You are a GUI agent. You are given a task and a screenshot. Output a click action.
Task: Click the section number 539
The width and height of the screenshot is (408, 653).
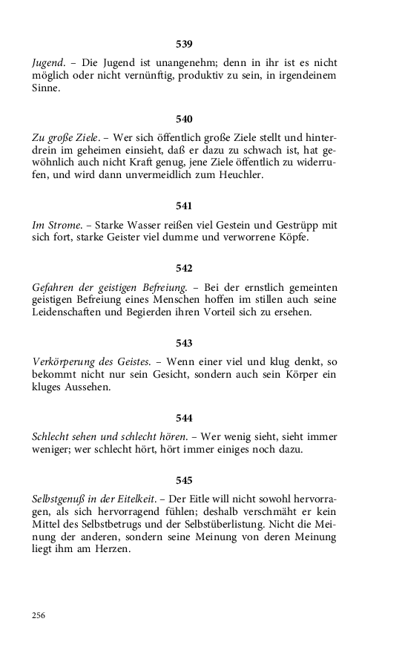point(184,44)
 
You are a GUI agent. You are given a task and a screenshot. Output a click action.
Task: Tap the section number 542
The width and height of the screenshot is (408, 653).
point(184,268)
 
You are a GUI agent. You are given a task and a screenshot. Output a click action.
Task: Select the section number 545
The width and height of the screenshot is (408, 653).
point(184,479)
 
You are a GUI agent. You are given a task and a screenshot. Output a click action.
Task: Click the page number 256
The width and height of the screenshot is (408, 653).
point(39,615)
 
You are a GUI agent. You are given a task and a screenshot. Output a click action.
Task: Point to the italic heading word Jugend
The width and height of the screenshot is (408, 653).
point(48,63)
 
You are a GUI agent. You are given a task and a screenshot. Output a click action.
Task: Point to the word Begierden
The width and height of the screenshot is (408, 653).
point(154,313)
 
